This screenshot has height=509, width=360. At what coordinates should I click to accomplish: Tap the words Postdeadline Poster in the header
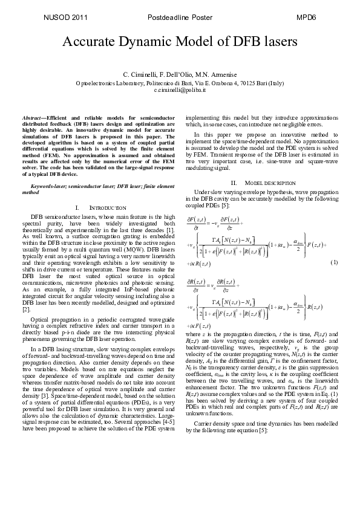180,18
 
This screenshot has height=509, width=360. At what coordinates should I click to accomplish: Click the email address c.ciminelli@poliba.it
180,89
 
